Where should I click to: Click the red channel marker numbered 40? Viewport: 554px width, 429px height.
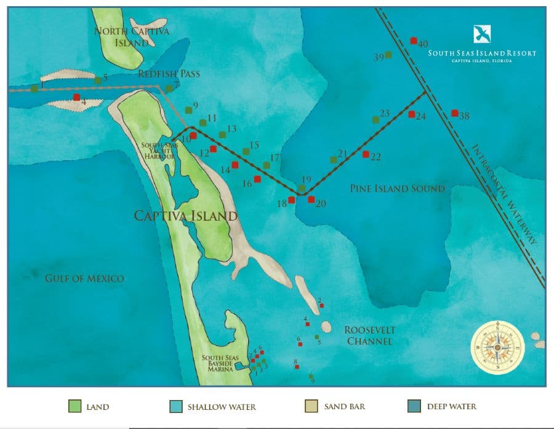[414, 41]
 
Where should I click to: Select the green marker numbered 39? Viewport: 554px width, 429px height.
[388, 55]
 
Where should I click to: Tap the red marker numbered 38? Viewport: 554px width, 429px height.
[454, 113]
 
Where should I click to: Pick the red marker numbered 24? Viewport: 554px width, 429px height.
[412, 114]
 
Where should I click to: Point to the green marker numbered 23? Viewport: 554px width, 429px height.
[375, 120]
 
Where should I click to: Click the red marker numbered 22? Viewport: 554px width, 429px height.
[366, 154]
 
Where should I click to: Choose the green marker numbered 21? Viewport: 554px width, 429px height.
[334, 160]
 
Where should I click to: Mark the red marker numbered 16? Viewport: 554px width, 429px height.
[257, 179]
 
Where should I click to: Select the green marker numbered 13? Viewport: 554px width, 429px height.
[222, 134]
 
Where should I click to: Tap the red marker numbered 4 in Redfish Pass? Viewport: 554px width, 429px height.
[76, 97]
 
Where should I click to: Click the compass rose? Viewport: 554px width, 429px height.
[497, 347]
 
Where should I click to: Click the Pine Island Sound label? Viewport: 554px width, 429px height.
[397, 188]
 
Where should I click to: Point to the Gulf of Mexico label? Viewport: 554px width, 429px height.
[84, 279]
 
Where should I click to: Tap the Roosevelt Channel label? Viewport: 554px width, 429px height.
[369, 335]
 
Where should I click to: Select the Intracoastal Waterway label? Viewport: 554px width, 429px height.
[505, 195]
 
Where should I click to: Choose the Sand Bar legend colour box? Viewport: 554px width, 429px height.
[311, 407]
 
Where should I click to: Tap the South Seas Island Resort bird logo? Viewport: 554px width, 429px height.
[482, 35]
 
